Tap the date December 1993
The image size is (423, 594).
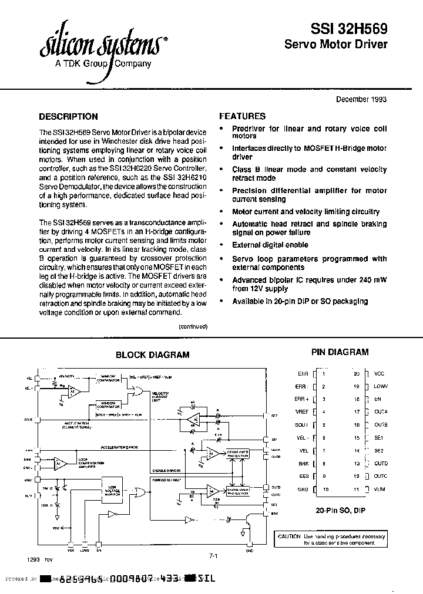click(361, 99)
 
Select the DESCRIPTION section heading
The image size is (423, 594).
click(68, 116)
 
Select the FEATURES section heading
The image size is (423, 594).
click(242, 116)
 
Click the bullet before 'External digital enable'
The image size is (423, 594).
click(221, 245)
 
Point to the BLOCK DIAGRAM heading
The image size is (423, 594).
click(152, 355)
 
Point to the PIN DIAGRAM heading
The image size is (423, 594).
click(340, 352)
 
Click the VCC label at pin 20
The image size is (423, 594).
click(380, 374)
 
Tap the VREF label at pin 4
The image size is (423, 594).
click(301, 412)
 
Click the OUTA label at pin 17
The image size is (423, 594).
click(381, 412)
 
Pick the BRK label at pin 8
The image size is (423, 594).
click(303, 464)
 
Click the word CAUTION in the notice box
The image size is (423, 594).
click(290, 536)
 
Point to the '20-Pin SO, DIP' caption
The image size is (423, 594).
click(341, 510)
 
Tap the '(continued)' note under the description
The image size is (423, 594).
click(192, 326)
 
